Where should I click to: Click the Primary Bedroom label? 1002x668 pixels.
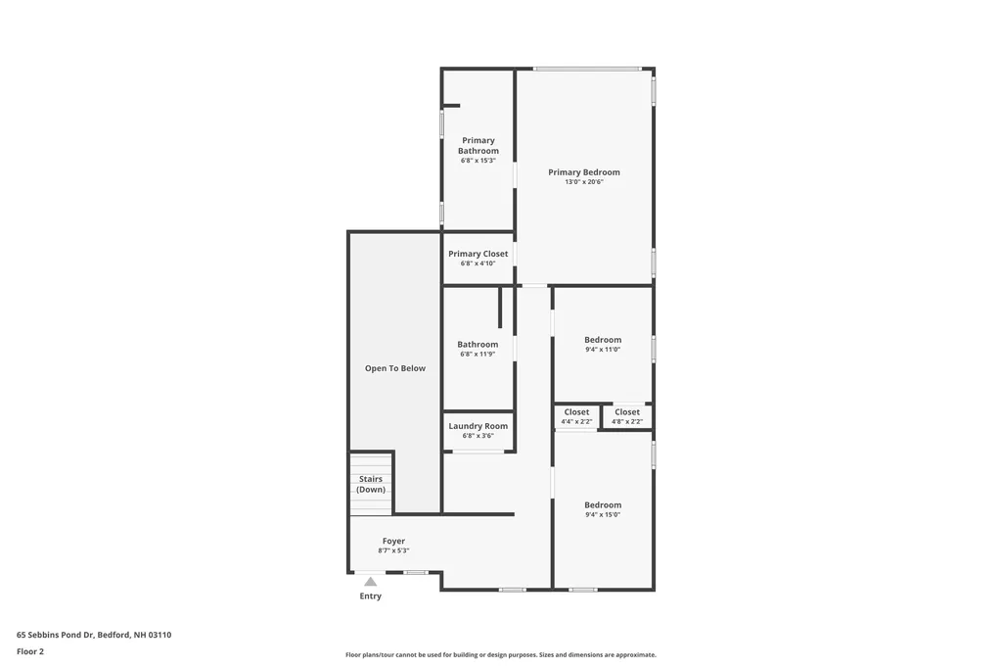point(583,172)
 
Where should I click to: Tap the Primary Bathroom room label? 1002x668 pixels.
point(478,146)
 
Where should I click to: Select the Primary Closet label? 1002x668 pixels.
point(478,254)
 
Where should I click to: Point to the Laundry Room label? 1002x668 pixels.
point(478,426)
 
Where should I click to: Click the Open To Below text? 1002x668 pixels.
point(395,368)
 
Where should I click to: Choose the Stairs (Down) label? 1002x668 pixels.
point(371,484)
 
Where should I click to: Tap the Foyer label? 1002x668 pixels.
point(393,541)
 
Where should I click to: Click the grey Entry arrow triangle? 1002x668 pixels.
point(371,582)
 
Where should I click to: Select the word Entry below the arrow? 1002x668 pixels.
point(371,596)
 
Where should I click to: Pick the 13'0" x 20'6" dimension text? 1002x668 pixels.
point(583,182)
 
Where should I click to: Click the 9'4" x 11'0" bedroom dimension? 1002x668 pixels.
point(603,350)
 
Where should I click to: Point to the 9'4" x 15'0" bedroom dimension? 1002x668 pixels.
point(603,515)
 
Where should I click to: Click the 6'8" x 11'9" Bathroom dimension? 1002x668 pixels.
point(478,355)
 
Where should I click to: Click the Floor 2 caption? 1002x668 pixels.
point(30,651)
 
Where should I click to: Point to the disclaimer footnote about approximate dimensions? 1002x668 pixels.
point(500,655)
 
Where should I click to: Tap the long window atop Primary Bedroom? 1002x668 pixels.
point(587,69)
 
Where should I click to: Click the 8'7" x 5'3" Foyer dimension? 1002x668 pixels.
point(393,550)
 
